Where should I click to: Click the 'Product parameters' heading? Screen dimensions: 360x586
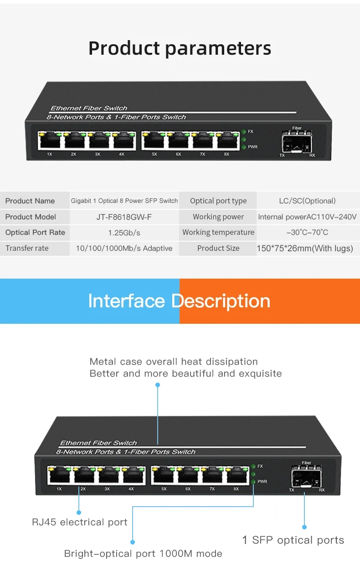pos(180,48)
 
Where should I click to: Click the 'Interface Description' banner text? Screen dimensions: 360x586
pos(179,301)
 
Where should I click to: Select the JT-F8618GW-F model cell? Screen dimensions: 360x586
pos(124,217)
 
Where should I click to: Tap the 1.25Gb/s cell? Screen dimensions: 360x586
pos(124,233)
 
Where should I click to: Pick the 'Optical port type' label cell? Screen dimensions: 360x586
pos(218,201)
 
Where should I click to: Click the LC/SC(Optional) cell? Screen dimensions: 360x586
pos(307,201)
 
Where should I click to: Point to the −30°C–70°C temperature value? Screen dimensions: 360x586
pos(307,233)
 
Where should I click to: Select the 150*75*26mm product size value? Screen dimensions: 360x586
pos(305,249)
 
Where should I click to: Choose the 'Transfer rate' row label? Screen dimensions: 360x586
pos(27,249)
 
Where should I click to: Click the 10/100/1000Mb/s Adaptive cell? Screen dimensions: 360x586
pos(124,249)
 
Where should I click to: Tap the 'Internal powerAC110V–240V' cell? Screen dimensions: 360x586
pos(307,217)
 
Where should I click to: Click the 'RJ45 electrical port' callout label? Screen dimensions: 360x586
pos(80,522)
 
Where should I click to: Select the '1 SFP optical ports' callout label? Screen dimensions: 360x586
pos(293,540)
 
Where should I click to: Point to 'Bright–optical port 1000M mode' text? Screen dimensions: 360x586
pos(143,554)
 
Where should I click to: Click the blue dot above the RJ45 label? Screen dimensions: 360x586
pos(79,512)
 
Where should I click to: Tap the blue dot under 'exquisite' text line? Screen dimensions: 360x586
pos(158,385)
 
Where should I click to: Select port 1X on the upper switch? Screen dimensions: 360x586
pos(50,141)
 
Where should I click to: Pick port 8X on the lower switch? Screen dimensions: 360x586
pos(236,476)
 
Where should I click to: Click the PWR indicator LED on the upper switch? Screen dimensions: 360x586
pos(244,147)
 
